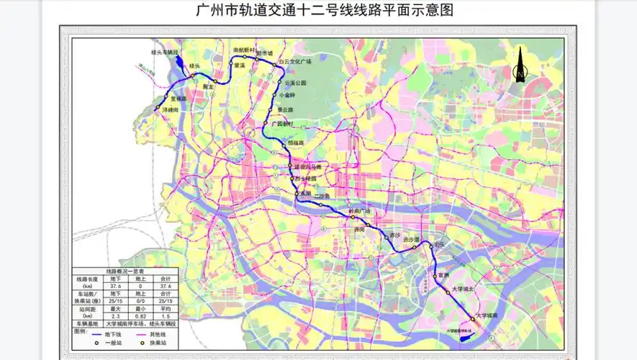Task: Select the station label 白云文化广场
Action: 294,62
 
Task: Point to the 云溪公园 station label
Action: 295,83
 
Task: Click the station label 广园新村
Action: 283,123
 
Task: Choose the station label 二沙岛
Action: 322,196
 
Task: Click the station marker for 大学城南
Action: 472,318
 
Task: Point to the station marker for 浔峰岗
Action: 158,108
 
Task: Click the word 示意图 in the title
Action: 435,11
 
